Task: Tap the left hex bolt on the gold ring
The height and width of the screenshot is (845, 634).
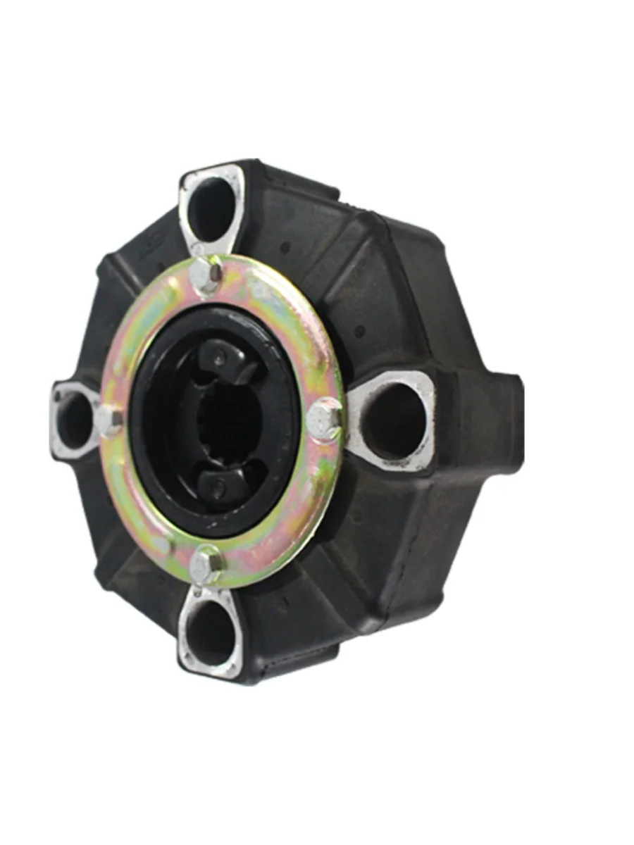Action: (108, 420)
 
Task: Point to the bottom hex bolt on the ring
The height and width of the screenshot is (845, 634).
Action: (205, 563)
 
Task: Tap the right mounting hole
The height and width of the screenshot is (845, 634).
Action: (394, 420)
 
